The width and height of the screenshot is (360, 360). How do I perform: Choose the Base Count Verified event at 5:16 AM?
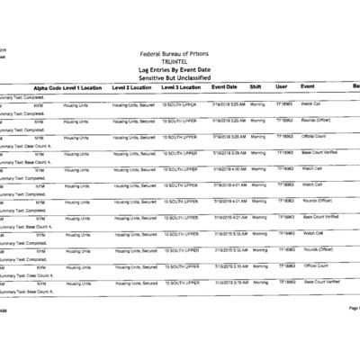[x=321, y=282]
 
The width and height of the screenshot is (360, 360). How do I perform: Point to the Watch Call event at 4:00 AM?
[x=311, y=168]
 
